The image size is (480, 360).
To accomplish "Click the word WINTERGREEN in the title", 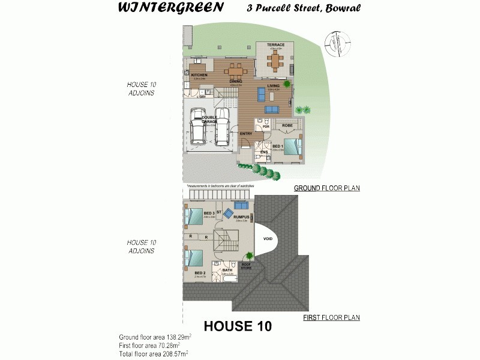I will click(x=171, y=8).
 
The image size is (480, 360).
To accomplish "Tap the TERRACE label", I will click(x=275, y=44).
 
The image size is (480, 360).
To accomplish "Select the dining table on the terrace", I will click(x=275, y=59).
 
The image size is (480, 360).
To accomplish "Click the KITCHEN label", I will click(x=199, y=75).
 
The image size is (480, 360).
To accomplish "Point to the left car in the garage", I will click(x=198, y=127).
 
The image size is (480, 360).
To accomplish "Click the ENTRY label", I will click(x=246, y=133).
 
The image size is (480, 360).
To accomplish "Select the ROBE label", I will click(x=287, y=125).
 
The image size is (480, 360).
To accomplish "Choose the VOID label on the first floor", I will click(x=268, y=239).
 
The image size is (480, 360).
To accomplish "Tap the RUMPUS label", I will click(x=241, y=217).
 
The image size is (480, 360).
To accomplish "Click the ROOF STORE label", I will click(x=246, y=266).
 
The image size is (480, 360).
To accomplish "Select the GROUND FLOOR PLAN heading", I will click(x=326, y=188).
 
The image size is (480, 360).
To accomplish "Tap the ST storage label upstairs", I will click(x=219, y=212).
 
